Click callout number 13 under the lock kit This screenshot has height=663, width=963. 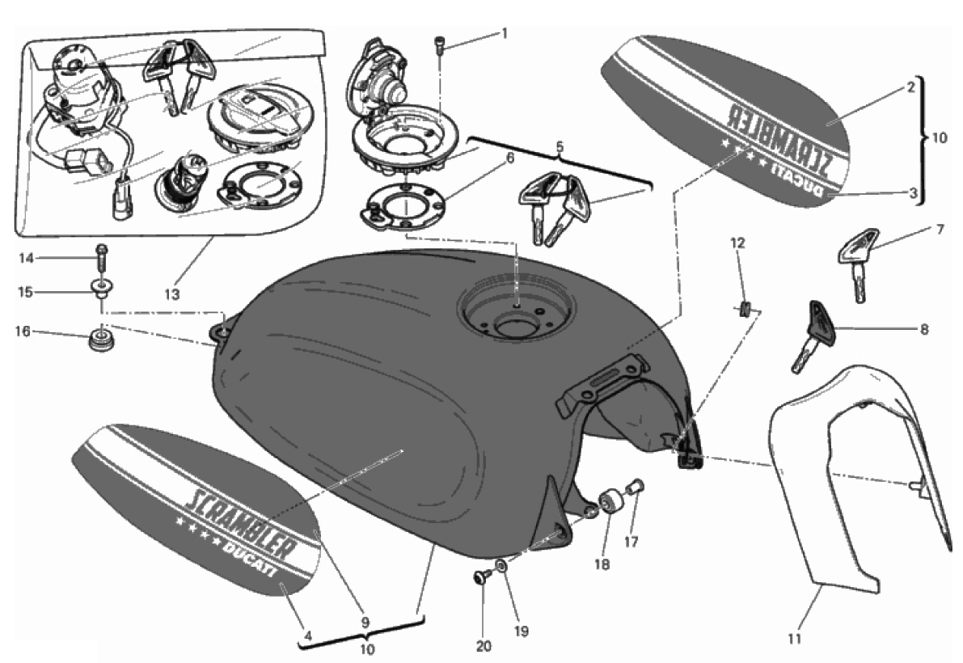(x=172, y=294)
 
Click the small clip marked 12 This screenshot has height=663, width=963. (x=741, y=309)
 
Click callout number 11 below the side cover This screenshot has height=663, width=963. (x=795, y=639)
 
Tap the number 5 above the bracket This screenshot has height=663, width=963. (x=560, y=147)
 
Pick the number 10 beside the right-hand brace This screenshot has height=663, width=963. (x=940, y=137)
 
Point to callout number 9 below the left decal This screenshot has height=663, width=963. (x=365, y=621)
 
